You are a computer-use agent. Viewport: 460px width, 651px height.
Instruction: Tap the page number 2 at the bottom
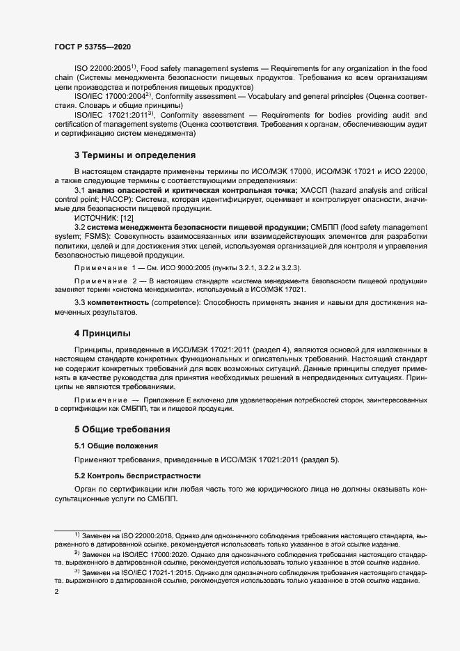click(x=56, y=593)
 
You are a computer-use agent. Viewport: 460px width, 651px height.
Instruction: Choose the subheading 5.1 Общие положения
click(x=116, y=446)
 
